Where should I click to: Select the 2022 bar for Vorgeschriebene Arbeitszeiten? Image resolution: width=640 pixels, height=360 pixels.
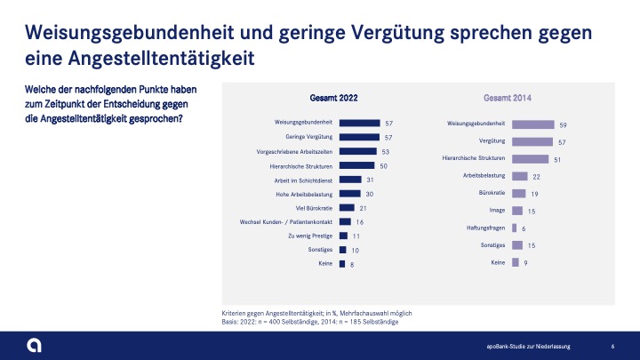pos(358,151)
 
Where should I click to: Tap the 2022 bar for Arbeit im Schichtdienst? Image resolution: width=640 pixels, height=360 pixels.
pos(350,180)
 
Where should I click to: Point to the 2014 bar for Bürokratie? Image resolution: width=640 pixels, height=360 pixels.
pos(520,193)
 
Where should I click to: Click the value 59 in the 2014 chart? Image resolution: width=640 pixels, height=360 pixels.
pos(564,125)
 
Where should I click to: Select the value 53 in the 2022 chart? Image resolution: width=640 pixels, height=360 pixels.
pos(385,152)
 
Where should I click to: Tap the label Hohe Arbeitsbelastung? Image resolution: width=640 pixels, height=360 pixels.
pos(306,194)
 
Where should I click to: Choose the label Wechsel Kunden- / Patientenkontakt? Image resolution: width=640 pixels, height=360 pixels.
pos(287,221)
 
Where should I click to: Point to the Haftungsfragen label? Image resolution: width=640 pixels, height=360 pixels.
pos(486,228)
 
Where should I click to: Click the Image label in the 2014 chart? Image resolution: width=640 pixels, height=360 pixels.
pos(498,211)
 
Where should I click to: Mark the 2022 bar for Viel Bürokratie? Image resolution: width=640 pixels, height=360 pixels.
pos(347,207)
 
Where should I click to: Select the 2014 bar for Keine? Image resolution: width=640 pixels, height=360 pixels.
pos(515,262)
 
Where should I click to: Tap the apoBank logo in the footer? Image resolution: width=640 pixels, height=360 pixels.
pos(33,345)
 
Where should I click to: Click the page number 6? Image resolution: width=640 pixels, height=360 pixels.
pos(613,345)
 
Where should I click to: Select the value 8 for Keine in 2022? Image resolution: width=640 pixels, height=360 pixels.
pos(352,264)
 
